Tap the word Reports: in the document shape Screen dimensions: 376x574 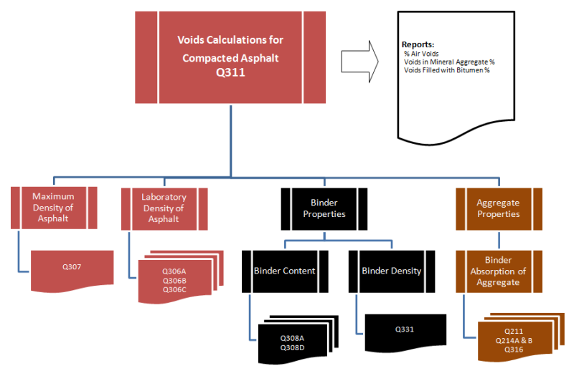point(418,44)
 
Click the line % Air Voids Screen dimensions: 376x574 point(423,54)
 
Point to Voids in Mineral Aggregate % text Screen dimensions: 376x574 point(449,62)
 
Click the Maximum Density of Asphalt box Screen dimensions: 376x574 point(54,207)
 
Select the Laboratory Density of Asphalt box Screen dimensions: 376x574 point(164,208)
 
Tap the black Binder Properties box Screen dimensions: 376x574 point(324,208)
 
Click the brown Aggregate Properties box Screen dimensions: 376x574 point(498,208)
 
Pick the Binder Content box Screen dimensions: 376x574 point(284,271)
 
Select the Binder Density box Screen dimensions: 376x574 point(391,271)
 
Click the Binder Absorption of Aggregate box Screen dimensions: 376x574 point(498,271)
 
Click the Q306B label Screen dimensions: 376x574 point(174,281)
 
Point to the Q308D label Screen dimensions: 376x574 point(292,347)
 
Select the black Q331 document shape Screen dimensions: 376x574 point(404,330)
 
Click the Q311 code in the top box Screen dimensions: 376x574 point(229,72)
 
